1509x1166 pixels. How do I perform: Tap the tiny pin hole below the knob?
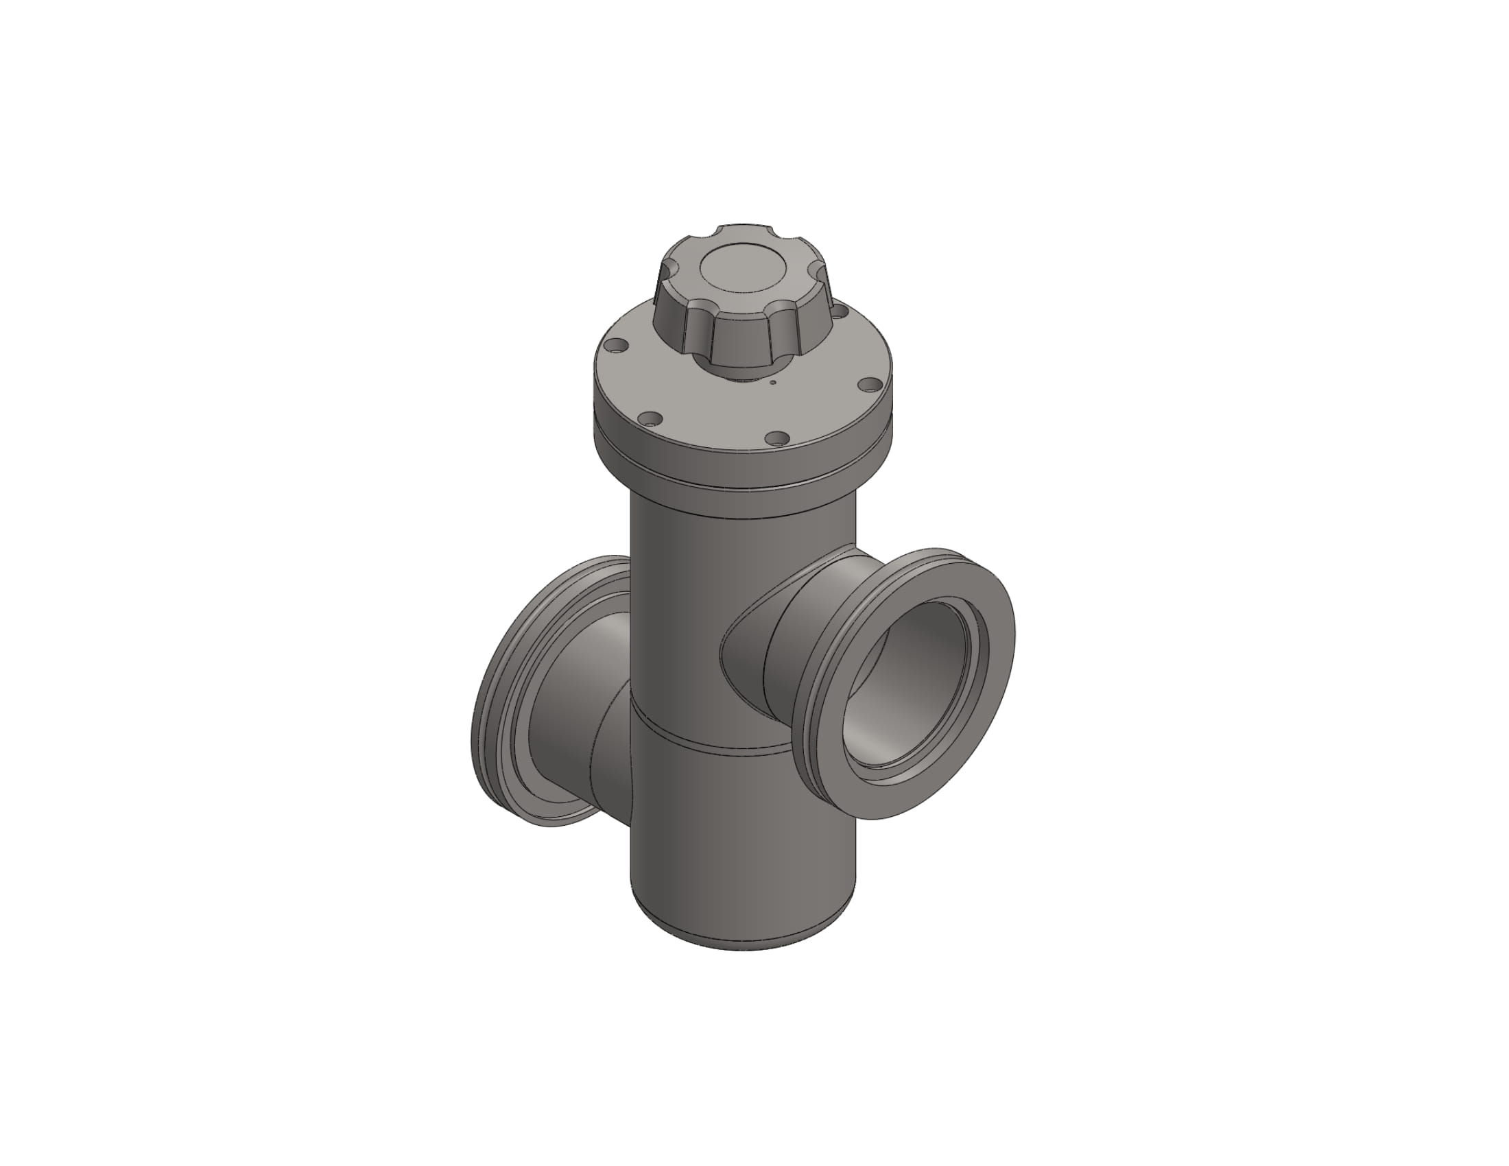coord(773,381)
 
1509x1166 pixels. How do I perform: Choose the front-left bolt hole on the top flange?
coord(650,418)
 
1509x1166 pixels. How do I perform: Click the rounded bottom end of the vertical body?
coord(743,943)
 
